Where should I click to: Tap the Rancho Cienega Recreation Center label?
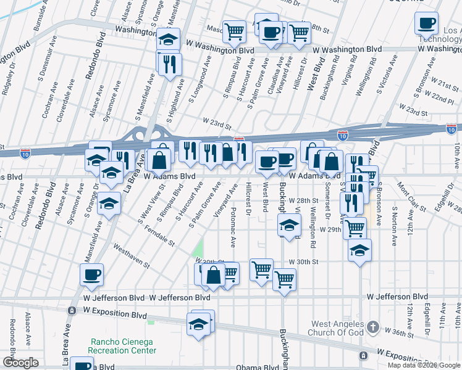[x=124, y=346]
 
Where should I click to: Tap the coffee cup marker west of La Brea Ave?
[x=92, y=275]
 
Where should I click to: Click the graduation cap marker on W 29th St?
[x=288, y=226]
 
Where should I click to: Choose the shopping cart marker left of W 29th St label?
[x=355, y=228]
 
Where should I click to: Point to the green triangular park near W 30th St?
[x=198, y=250]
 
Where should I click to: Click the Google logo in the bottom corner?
[x=20, y=363]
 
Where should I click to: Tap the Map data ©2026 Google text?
[x=424, y=365]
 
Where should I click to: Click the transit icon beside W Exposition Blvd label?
[x=72, y=310]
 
